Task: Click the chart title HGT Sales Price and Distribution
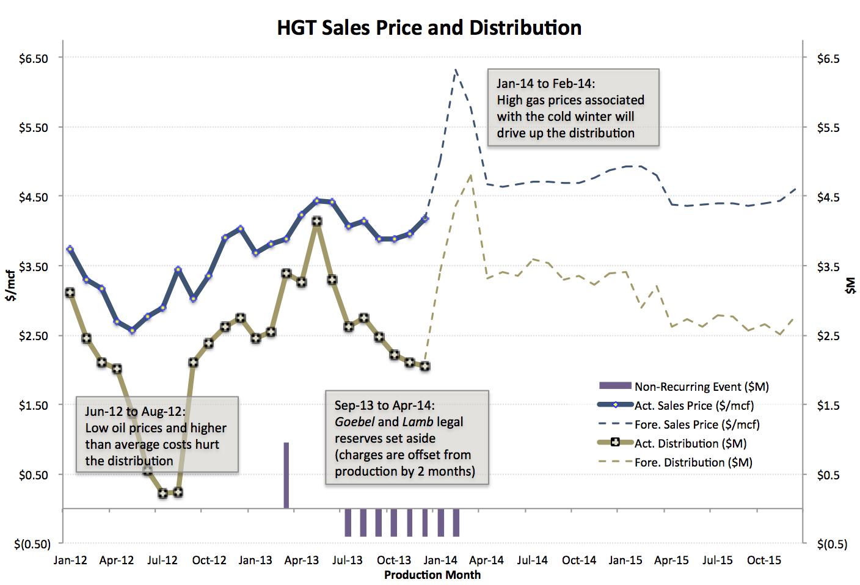[x=429, y=28]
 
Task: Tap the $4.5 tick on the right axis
[x=828, y=197]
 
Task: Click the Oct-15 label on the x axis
[x=763, y=560]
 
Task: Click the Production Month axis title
[x=432, y=575]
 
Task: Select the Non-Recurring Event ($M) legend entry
[x=701, y=387]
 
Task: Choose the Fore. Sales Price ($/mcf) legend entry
[x=697, y=424]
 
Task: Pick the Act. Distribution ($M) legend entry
[x=690, y=443]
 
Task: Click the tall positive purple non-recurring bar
[x=286, y=475]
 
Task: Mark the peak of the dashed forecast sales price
[x=456, y=70]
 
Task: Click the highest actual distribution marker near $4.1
[x=316, y=222]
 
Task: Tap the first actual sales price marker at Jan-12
[x=70, y=249]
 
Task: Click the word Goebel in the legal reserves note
[x=354, y=422]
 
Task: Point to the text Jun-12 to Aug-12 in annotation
[x=135, y=412]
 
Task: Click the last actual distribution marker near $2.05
[x=425, y=366]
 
